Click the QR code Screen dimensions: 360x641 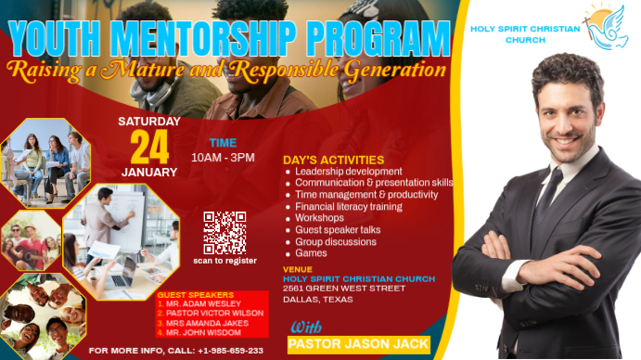coord(224,232)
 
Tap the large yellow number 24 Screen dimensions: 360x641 coord(149,147)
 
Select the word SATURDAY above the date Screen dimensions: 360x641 coord(149,121)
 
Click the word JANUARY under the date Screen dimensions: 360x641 coord(149,173)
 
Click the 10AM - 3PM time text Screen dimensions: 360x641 coord(223,158)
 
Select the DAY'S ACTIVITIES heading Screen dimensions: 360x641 coord(333,160)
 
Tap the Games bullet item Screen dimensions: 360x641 coord(311,253)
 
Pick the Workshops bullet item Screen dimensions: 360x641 coord(319,218)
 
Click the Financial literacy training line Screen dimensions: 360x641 coord(348,206)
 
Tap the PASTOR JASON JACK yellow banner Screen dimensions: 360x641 coord(358,344)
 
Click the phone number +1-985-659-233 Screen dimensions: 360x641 coord(230,352)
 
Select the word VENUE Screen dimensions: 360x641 coord(297,269)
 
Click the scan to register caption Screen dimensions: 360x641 coord(224,261)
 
